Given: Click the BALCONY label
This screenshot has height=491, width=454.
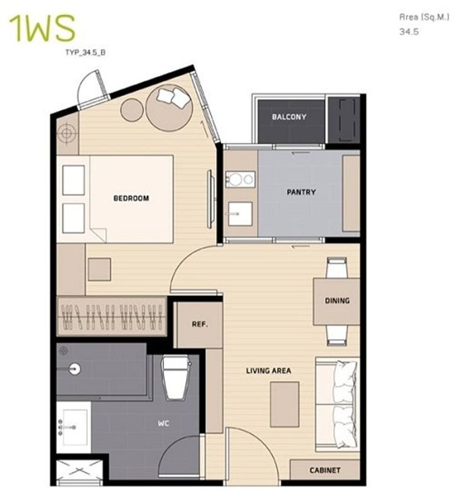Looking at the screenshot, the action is (289, 117).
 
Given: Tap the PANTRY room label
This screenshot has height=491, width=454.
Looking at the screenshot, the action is (301, 192).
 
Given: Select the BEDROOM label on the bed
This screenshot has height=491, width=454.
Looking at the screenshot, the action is (131, 198).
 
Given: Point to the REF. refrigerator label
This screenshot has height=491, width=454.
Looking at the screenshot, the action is (200, 324).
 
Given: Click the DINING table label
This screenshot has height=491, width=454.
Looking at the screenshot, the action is (337, 301).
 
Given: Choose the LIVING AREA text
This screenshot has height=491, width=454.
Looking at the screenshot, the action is (268, 371).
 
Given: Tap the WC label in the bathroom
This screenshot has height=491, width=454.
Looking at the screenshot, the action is (163, 423).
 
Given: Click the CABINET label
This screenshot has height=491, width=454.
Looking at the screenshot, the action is (325, 470).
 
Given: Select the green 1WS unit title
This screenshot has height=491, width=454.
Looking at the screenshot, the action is (42, 28).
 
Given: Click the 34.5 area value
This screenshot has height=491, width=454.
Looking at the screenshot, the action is (409, 32).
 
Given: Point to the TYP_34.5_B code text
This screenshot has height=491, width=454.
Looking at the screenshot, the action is (85, 52).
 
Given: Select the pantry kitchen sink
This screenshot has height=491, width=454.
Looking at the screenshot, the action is (240, 214).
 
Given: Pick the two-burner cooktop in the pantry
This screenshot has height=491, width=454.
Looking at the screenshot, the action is (240, 179).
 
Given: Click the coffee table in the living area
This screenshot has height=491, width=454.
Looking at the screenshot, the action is (285, 404).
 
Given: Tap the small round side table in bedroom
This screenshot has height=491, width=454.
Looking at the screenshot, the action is (132, 110).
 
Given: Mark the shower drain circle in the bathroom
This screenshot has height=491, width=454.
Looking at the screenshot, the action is (74, 369).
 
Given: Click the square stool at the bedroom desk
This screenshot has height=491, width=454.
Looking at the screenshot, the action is (99, 269).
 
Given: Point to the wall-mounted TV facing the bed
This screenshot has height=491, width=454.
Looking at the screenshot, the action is (211, 199).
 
